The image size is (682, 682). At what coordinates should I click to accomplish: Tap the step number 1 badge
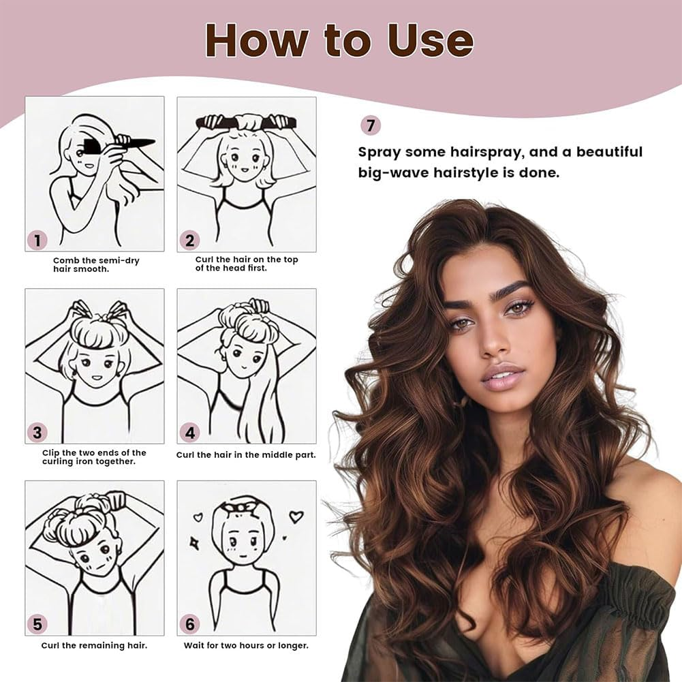(x=37, y=240)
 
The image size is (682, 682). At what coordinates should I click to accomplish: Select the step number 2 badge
(x=189, y=240)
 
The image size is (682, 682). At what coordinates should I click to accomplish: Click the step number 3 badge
(x=37, y=432)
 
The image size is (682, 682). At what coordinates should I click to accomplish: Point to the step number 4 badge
(x=189, y=432)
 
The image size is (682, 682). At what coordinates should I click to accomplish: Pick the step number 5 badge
(x=37, y=624)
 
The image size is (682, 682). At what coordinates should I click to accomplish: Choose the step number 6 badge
(x=189, y=624)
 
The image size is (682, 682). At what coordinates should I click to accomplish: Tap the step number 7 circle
(x=370, y=125)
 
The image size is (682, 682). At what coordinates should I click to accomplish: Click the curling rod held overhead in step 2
(x=246, y=123)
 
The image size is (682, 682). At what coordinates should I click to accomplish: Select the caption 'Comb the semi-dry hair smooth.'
(x=96, y=264)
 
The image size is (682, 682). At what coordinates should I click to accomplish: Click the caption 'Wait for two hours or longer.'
(x=246, y=645)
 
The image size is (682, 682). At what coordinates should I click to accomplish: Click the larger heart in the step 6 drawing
(x=296, y=516)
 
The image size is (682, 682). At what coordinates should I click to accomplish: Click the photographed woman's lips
(x=503, y=377)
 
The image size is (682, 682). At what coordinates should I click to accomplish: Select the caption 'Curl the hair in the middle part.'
(x=246, y=454)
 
